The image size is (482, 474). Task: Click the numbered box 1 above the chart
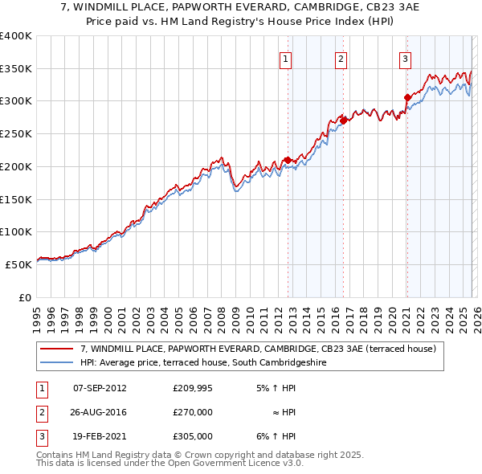coord(286,58)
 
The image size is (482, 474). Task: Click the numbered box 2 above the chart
coord(341,58)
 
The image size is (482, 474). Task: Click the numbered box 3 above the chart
coord(405,58)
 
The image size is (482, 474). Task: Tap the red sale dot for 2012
coord(288,160)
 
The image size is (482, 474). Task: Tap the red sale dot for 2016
coord(343,121)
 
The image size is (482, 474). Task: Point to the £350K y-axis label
coord(15,68)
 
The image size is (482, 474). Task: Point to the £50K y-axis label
coord(18,264)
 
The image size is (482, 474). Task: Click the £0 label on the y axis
coord(25,296)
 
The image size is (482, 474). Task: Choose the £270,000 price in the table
coord(193,412)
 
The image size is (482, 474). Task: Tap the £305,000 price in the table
coord(193,436)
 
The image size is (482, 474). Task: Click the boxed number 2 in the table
coord(40,412)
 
